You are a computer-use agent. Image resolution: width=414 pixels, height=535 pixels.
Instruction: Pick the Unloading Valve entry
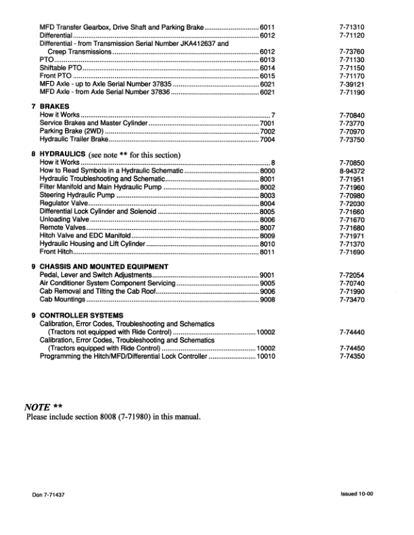tap(65, 220)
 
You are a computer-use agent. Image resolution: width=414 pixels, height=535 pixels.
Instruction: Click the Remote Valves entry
tap(63, 228)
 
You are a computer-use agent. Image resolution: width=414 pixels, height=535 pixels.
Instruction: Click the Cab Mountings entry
tap(62, 299)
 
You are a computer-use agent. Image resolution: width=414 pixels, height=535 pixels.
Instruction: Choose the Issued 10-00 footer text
tap(357, 494)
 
